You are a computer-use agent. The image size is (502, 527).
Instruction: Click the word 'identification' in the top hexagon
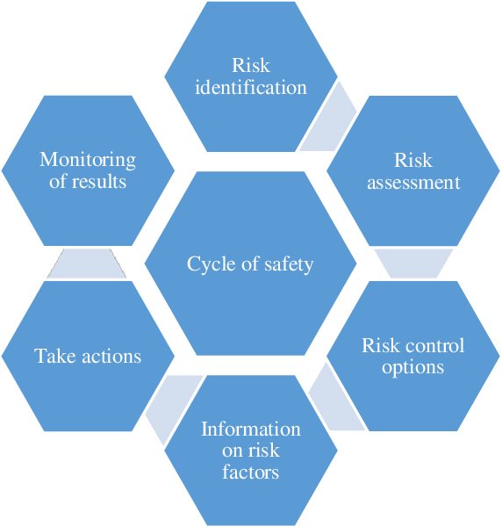pos(251,88)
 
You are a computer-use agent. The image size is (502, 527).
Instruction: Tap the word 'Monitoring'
pos(88,161)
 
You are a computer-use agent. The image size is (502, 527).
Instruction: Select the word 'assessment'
pos(413,184)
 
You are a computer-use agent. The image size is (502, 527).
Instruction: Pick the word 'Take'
pos(54,356)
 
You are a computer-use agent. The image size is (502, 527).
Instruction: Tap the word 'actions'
pos(111,357)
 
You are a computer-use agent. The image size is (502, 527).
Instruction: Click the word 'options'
pos(413,368)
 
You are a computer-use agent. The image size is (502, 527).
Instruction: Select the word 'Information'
pos(251,430)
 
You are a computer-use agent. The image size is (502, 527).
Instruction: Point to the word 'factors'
pos(250,473)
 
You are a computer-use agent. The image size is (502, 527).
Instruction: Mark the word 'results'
pos(99,182)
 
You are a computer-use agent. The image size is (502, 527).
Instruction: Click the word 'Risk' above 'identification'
pos(251,65)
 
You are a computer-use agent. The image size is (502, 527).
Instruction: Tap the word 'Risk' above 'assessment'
pos(413,161)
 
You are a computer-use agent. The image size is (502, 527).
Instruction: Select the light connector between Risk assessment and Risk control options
pos(413,263)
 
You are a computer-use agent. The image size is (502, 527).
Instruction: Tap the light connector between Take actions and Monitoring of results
pos(87,263)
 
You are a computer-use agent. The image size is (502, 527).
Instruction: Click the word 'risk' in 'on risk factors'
pos(266,451)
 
